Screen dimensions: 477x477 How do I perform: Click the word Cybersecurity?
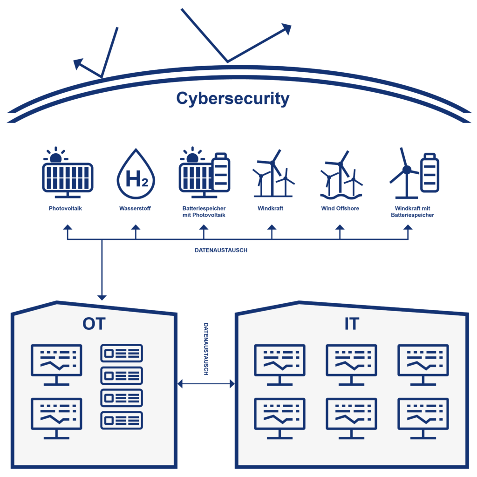point(233,99)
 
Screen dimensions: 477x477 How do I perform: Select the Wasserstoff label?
point(136,209)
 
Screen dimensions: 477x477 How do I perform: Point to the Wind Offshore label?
point(340,209)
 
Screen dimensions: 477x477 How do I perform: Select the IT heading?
point(352,324)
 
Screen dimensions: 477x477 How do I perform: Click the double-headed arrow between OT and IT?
point(206,384)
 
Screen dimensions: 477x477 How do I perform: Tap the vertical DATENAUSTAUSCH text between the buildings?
point(205,349)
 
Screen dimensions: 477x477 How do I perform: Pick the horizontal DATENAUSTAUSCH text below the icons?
point(221,250)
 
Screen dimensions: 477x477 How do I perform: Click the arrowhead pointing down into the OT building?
point(102,297)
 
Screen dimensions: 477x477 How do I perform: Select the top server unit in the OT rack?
point(122,354)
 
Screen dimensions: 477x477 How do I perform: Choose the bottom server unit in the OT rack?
point(122,420)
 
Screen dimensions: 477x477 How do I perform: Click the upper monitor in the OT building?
point(56,361)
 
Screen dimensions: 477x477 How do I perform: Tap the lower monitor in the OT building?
point(56,415)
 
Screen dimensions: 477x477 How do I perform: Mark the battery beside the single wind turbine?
point(429,173)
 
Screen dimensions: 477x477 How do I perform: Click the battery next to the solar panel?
point(221,173)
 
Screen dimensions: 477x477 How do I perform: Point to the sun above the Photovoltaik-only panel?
point(56,157)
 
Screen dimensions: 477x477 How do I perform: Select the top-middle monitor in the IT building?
point(352,361)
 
